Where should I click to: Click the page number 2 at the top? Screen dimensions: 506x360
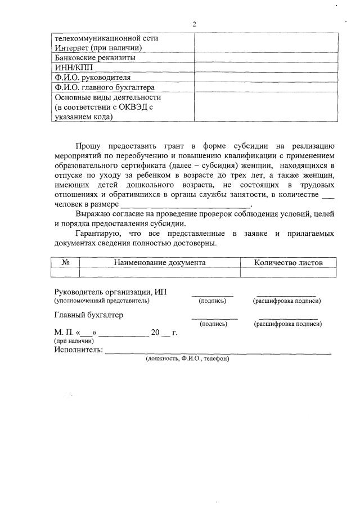194,24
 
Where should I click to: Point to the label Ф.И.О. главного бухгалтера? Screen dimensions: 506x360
104,88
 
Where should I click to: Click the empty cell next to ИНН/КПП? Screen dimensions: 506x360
266,68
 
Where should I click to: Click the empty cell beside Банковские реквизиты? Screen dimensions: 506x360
266,57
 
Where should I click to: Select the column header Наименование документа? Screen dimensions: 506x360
160,262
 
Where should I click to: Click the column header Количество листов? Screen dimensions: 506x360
289,262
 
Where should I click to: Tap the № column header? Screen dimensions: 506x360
65,262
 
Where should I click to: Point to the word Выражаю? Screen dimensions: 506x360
94,213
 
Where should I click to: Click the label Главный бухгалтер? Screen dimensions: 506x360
88,315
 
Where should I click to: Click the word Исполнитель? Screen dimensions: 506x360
79,350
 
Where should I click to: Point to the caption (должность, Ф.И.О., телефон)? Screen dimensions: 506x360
187,359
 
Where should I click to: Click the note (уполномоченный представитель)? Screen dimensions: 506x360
102,301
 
